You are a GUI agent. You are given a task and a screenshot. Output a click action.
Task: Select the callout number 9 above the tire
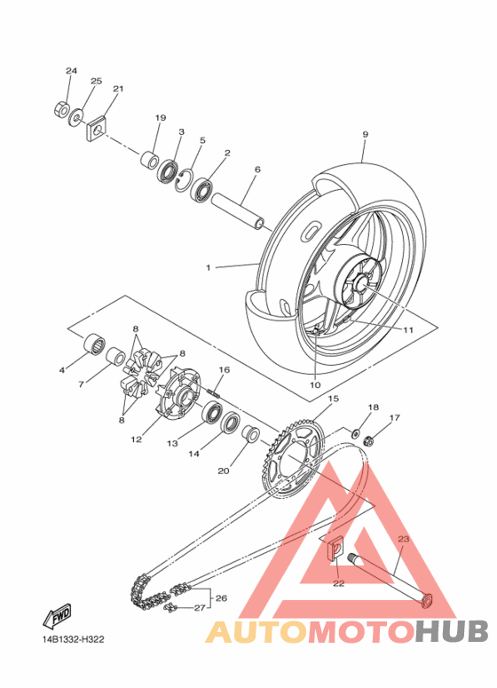(x=365, y=135)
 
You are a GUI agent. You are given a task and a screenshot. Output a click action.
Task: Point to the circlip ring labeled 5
(x=184, y=180)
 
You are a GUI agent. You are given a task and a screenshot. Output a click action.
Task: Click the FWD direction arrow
(x=57, y=615)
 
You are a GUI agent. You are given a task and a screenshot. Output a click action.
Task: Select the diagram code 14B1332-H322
(x=74, y=640)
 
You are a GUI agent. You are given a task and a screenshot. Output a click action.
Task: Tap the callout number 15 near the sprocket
(x=334, y=399)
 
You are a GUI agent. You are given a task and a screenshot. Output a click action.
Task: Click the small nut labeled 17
(x=368, y=439)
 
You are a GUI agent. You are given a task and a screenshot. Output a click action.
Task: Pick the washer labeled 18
(x=355, y=433)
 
